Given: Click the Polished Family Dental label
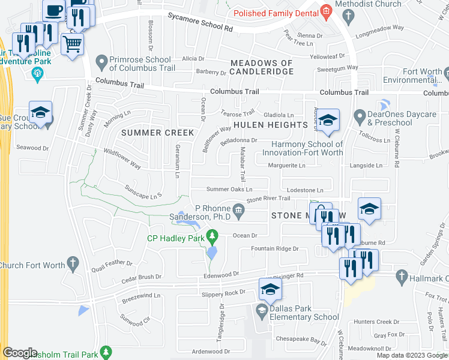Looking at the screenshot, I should point(276,13).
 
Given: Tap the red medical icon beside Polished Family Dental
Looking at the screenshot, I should point(326,10).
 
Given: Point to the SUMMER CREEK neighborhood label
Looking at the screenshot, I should point(158,133).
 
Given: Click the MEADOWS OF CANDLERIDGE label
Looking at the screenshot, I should point(262,67).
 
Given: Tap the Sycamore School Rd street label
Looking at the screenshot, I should point(200,23).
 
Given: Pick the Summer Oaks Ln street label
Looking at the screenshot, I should point(229,189).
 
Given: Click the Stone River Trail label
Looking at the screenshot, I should point(268,199).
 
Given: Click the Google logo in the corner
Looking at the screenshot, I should point(20,353).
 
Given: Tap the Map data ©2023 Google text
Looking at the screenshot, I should point(412,355).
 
